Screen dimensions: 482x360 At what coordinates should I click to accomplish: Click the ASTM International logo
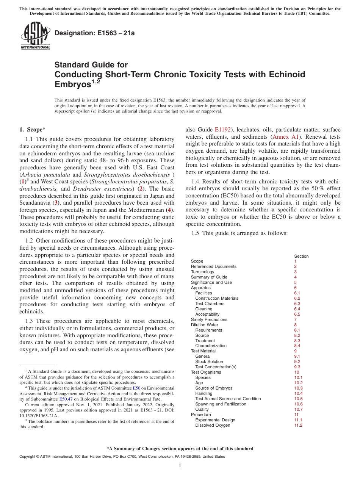point(35,36)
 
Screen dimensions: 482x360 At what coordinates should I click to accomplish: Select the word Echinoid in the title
point(284,74)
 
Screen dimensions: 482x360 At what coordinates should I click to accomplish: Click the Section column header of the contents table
point(301,256)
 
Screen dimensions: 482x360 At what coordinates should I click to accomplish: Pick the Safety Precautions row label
point(209,319)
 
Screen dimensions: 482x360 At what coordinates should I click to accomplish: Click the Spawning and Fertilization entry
point(221,404)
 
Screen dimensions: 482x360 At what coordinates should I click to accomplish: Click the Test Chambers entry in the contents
point(210,304)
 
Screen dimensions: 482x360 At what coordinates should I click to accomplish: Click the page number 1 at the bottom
point(180,466)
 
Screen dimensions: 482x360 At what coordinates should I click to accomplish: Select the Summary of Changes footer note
point(180,449)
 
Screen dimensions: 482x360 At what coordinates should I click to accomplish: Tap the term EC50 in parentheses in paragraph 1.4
point(230,196)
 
